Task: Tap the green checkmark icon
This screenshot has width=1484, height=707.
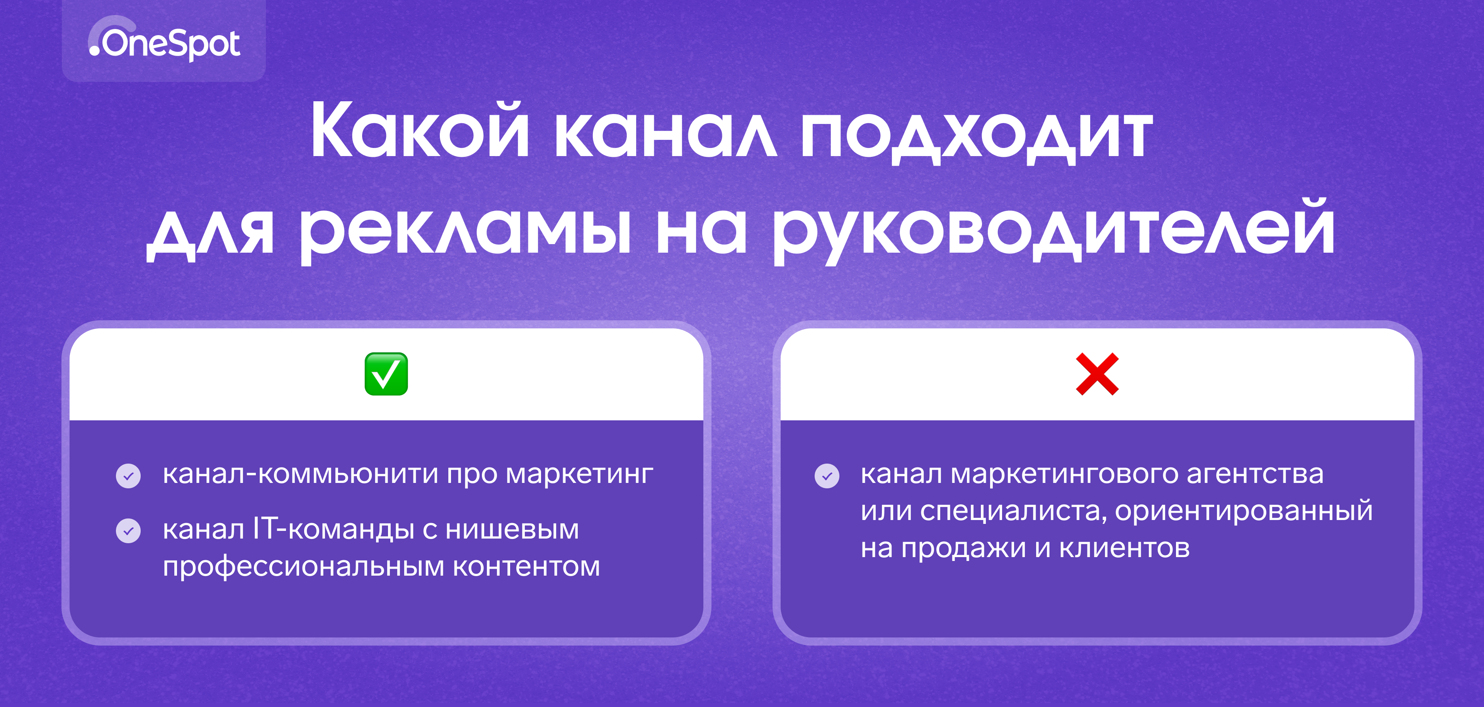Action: tap(386, 374)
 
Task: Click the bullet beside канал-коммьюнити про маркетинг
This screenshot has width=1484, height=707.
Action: tap(128, 476)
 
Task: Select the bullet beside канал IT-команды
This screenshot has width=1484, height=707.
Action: tap(128, 531)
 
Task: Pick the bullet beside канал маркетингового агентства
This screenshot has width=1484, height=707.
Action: tap(827, 476)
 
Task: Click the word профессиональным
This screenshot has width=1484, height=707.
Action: tap(304, 568)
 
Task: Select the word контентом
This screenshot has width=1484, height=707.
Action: tap(526, 567)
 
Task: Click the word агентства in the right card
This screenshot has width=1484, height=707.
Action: tap(1255, 475)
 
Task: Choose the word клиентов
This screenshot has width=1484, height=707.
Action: tap(1125, 549)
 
